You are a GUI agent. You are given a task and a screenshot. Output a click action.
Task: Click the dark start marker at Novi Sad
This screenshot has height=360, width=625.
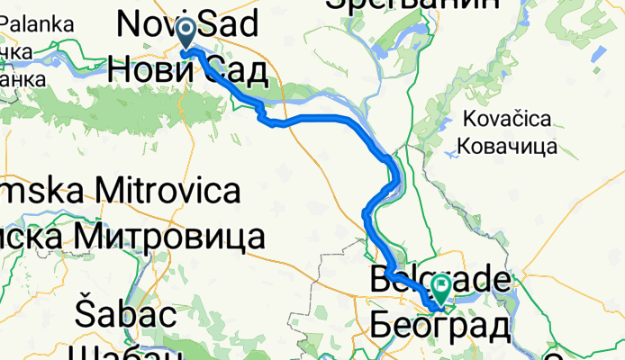pyautogui.click(x=186, y=33)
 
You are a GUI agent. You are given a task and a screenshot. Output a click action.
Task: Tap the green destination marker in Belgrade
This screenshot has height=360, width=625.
pyautogui.click(x=442, y=289)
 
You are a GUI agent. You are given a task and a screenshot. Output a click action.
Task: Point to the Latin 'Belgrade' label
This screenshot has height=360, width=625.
pyautogui.click(x=440, y=280)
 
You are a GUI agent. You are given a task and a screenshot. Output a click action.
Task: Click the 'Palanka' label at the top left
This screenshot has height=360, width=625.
pyautogui.click(x=36, y=24)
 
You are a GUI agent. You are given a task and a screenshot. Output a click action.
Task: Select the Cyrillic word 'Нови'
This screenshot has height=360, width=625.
pyautogui.click(x=147, y=70)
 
